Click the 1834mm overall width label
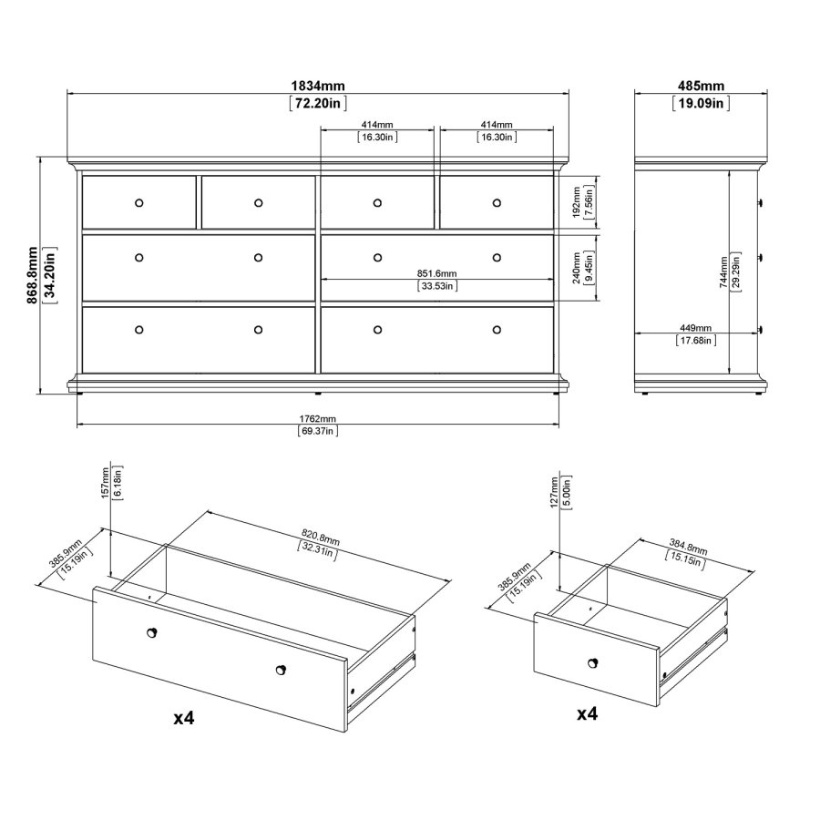pos(318,86)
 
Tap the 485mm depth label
pos(701,86)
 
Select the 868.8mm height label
pos(33,275)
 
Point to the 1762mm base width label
pos(317,419)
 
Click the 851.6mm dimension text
pos(436,273)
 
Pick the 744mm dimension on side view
pos(723,272)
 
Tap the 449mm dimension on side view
pos(695,328)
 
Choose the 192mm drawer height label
pos(577,202)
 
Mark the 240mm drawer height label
pos(577,268)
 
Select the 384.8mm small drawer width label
pos(688,548)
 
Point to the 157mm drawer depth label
pos(106,483)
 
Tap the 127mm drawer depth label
pos(554,493)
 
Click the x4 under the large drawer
pos(184,718)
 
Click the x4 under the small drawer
pos(588,713)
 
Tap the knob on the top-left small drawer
pos(139,203)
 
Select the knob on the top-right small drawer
pos(497,203)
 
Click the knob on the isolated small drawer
pos(592,663)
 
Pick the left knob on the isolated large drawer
pos(151,633)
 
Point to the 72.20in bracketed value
pos(318,104)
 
